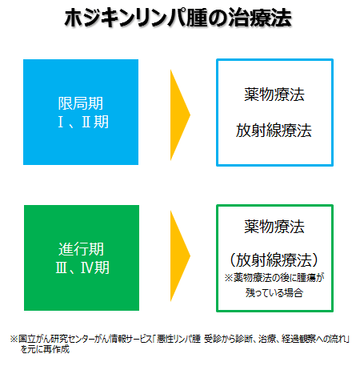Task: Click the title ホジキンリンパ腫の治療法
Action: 178,18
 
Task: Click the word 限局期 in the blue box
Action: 81,103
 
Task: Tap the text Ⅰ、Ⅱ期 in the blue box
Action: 83,122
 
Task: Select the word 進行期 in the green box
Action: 81,249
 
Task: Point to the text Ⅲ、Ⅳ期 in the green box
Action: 82,267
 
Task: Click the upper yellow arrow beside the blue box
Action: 179,115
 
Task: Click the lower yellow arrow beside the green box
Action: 179,255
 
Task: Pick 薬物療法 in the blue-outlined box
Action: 274,95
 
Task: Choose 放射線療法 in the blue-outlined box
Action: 274,131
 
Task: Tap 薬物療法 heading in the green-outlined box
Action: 274,227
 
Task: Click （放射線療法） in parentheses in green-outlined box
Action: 274,259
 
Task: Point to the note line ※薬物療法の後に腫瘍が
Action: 274,278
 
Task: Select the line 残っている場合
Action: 274,293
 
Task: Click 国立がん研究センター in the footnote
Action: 56,339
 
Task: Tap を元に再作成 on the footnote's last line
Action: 45,349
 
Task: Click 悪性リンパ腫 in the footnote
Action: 178,339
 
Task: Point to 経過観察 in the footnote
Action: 299,339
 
